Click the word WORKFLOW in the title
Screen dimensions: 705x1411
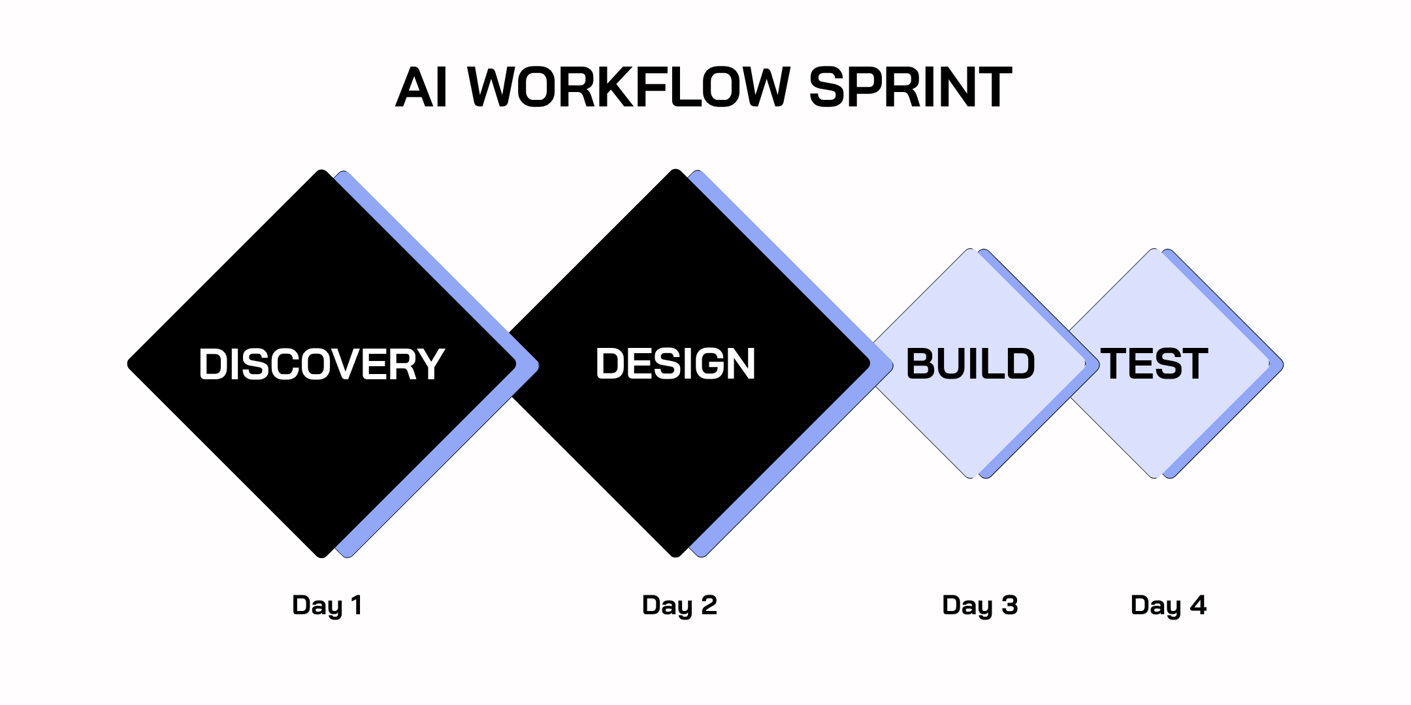[x=629, y=87]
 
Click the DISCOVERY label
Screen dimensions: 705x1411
[x=321, y=364]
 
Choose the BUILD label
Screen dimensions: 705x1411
[x=970, y=364]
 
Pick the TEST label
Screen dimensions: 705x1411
[x=1154, y=364]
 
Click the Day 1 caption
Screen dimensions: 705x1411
[x=327, y=605]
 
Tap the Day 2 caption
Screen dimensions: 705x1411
[x=679, y=605]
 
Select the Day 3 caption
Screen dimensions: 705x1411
[x=980, y=605]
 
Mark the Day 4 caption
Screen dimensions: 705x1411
[x=1168, y=605]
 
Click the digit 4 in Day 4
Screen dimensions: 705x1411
[x=1198, y=605]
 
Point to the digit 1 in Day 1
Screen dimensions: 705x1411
[x=357, y=605]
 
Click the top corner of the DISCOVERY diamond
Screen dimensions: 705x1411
[x=321, y=172]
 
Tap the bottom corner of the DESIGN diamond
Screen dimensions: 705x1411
[x=675, y=555]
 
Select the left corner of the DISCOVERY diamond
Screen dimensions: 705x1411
[x=130, y=364]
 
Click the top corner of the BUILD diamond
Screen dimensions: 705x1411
[x=971, y=251]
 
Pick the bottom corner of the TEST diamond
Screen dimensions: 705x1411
[x=1154, y=477]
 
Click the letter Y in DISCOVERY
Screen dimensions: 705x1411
[x=432, y=364]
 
